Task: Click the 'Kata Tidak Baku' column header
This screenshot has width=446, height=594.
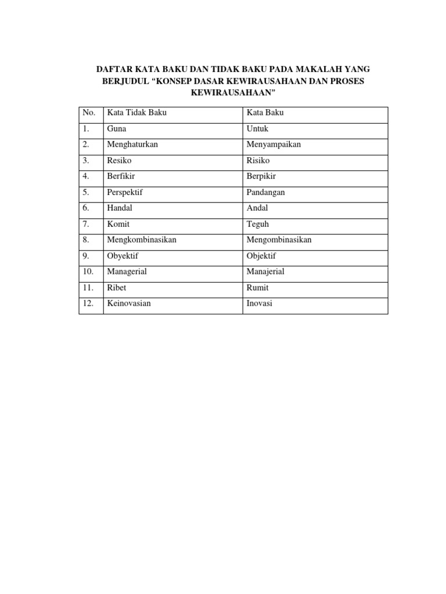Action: [136, 113]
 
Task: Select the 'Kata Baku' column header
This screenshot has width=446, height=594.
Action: [265, 113]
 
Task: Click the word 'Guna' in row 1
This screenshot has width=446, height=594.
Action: [117, 129]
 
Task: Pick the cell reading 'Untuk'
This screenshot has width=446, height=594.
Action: [258, 129]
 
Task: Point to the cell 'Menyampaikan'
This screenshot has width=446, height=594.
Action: [274, 144]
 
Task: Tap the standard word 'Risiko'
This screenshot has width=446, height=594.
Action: [258, 161]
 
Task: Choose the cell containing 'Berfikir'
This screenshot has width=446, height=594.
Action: [121, 176]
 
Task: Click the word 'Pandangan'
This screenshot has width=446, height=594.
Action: [266, 192]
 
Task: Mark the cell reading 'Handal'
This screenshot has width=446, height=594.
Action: [119, 208]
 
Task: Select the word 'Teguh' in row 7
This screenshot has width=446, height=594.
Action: [258, 224]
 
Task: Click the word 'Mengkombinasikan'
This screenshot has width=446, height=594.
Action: [142, 240]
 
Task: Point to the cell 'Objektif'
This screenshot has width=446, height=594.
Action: [262, 256]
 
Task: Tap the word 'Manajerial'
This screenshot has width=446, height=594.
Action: [265, 271]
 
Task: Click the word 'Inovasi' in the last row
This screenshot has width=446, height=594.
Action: [260, 303]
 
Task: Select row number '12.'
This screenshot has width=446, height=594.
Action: [88, 303]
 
